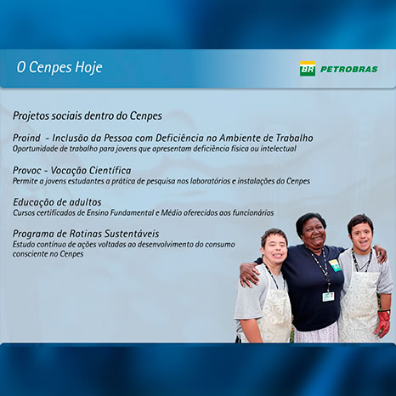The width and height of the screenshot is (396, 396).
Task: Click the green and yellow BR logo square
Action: [x=308, y=69]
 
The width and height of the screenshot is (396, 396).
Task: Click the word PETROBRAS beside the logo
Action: [x=348, y=69]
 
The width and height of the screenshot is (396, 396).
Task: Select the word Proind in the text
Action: [x=26, y=138]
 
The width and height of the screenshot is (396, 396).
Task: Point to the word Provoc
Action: [x=26, y=171]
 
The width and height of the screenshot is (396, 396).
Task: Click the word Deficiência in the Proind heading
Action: [x=179, y=138]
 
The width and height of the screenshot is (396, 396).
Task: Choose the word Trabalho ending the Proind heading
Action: [x=294, y=138]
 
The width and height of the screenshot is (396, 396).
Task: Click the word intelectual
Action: [x=279, y=149]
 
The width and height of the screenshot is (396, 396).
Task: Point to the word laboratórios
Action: [x=208, y=181]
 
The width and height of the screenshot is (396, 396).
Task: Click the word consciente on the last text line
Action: [x=31, y=254]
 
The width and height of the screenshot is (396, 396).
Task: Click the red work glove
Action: [x=382, y=324]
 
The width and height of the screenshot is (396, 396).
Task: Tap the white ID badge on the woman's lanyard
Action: [x=328, y=297]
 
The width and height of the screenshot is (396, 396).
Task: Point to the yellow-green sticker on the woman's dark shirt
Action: [x=335, y=265]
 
